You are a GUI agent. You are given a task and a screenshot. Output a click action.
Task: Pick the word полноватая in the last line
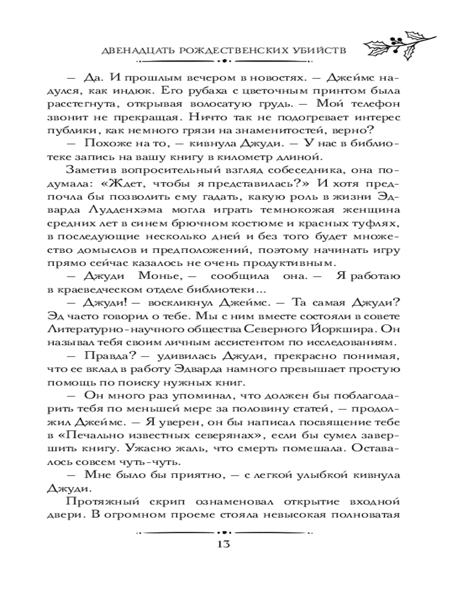365,515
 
